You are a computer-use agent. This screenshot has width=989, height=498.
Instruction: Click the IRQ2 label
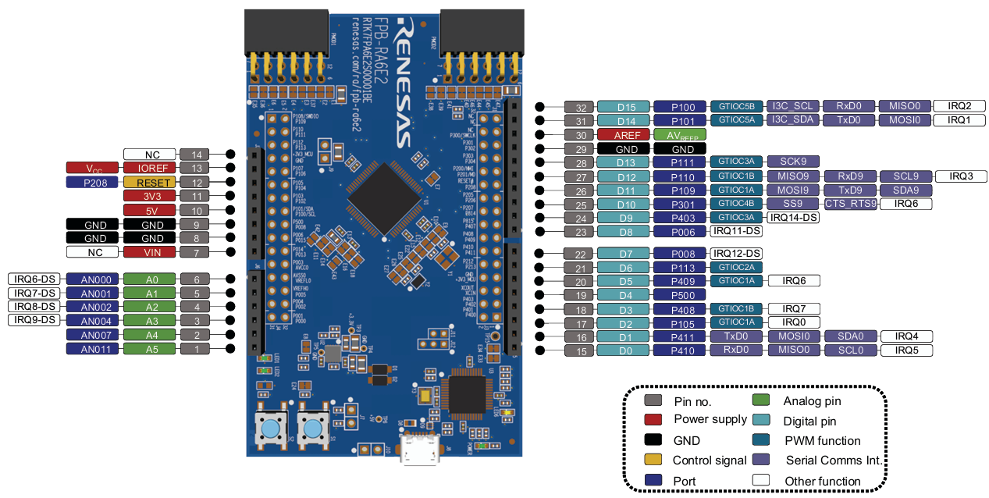pyautogui.click(x=959, y=106)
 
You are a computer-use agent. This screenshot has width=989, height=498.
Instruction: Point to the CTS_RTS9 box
pyautogui.click(x=851, y=205)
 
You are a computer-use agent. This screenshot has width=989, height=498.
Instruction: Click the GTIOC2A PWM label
pyautogui.click(x=736, y=267)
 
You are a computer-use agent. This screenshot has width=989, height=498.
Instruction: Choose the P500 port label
pyautogui.click(x=679, y=295)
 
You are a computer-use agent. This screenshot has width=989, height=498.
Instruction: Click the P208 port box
pyautogui.click(x=91, y=182)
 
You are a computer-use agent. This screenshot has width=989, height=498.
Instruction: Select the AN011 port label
pyautogui.click(x=91, y=349)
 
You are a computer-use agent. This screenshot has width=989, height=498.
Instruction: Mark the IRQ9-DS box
pyautogui.click(x=34, y=321)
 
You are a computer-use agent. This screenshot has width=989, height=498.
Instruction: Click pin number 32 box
pyautogui.click(x=580, y=106)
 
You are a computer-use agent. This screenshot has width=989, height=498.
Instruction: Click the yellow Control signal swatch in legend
pyautogui.click(x=653, y=460)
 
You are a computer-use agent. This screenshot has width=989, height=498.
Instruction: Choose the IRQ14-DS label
pyautogui.click(x=794, y=218)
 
